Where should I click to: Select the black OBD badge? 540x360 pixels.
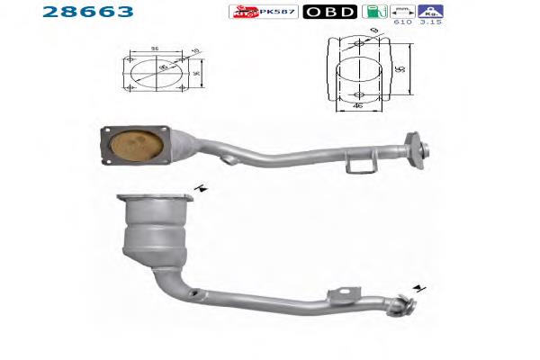click(329, 13)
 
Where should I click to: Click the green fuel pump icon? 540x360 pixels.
click(370, 12)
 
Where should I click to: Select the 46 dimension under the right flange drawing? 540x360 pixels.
click(358, 105)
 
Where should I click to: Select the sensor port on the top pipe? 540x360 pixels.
click(230, 159)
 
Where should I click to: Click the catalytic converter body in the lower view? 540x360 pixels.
click(154, 236)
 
